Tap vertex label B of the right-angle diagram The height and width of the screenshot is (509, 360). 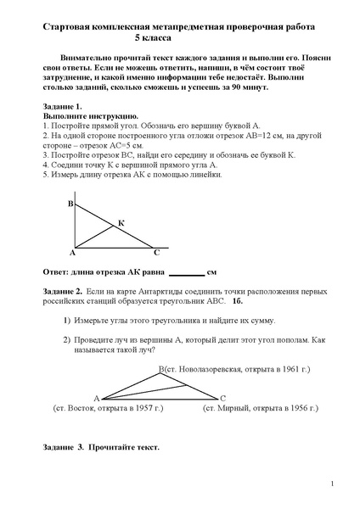click(x=70, y=204)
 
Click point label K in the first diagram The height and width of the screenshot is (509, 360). click(x=121, y=222)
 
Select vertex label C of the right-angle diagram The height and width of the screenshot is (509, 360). click(x=155, y=252)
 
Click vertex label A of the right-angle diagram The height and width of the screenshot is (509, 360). click(x=72, y=252)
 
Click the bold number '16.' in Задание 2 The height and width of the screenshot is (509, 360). click(x=237, y=300)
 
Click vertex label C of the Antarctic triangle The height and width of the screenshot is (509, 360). click(x=222, y=397)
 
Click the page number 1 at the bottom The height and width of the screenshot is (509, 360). click(x=332, y=484)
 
